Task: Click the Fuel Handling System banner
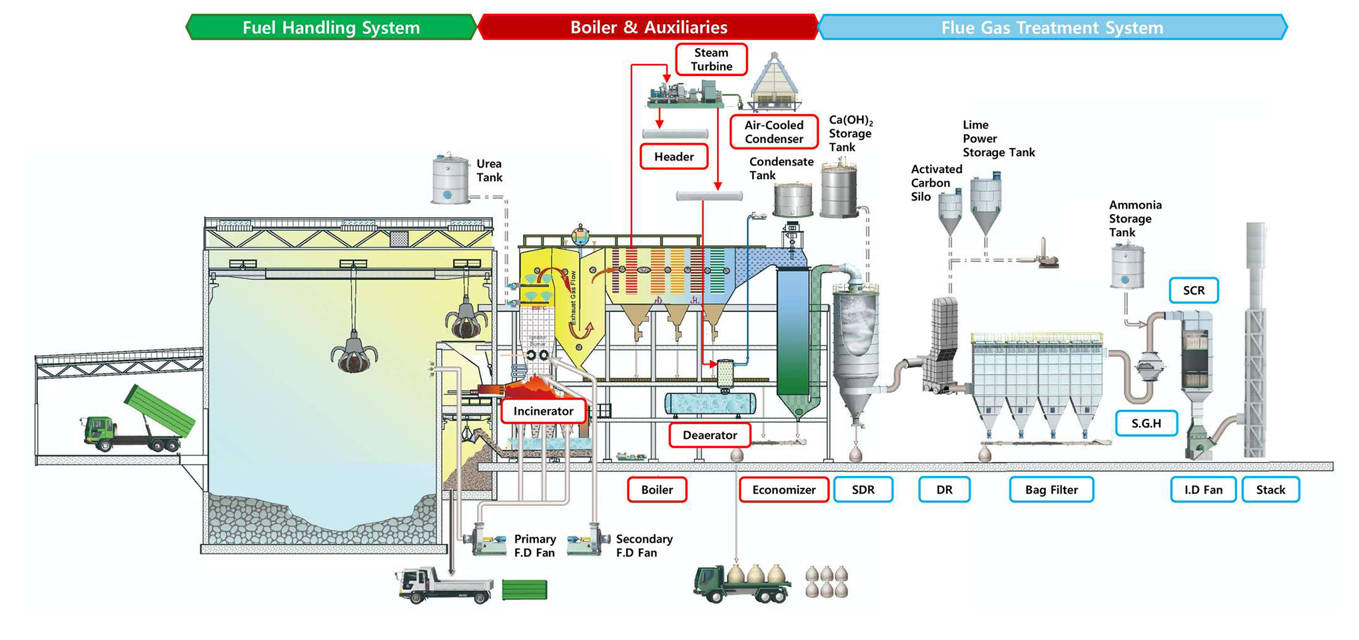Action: tap(331, 27)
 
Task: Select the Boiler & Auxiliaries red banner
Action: tap(648, 27)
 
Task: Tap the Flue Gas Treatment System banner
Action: tap(1052, 27)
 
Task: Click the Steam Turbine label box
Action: tap(711, 59)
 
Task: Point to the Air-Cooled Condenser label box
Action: tap(773, 132)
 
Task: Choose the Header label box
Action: tap(674, 157)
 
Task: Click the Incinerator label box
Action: tap(543, 411)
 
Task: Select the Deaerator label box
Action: tap(709, 435)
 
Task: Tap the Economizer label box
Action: tap(783, 489)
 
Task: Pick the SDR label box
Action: tap(863, 489)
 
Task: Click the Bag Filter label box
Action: tap(1051, 489)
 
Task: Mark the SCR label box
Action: tap(1193, 291)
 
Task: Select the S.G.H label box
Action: tap(1146, 423)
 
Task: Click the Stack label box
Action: tap(1270, 489)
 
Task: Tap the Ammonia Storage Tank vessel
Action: tap(1127, 266)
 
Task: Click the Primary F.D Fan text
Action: tap(534, 545)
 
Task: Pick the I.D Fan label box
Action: tap(1203, 489)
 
